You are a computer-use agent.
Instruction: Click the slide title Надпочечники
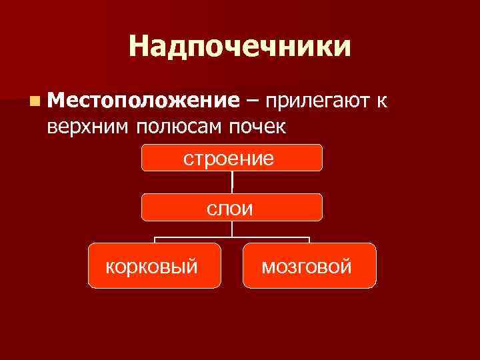239,47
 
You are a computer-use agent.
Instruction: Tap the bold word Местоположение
143,101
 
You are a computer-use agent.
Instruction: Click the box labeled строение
232,158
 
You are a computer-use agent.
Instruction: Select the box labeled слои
232,207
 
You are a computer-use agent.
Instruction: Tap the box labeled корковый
154,265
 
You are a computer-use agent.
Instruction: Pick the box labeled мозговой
309,265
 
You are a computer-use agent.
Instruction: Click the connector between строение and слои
232,183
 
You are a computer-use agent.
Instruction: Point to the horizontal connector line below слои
232,237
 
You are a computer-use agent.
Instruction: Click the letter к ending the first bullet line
380,101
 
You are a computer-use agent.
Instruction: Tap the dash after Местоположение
253,101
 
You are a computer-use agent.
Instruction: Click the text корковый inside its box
153,267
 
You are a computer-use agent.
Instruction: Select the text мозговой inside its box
306,267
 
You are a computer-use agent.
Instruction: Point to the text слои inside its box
230,209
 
